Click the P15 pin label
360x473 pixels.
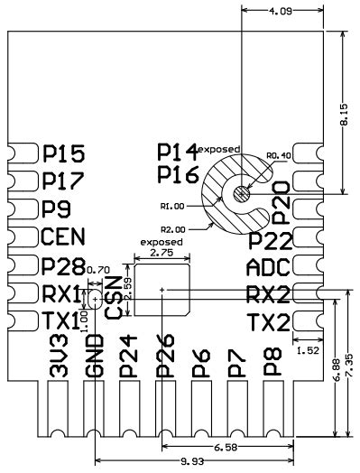coord(64,154)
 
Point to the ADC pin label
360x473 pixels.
coord(269,267)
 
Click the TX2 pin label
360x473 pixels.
coord(269,322)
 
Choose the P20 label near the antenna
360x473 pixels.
coord(282,201)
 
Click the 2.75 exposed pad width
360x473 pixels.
coord(162,254)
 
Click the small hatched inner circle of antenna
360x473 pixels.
coord(240,191)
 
